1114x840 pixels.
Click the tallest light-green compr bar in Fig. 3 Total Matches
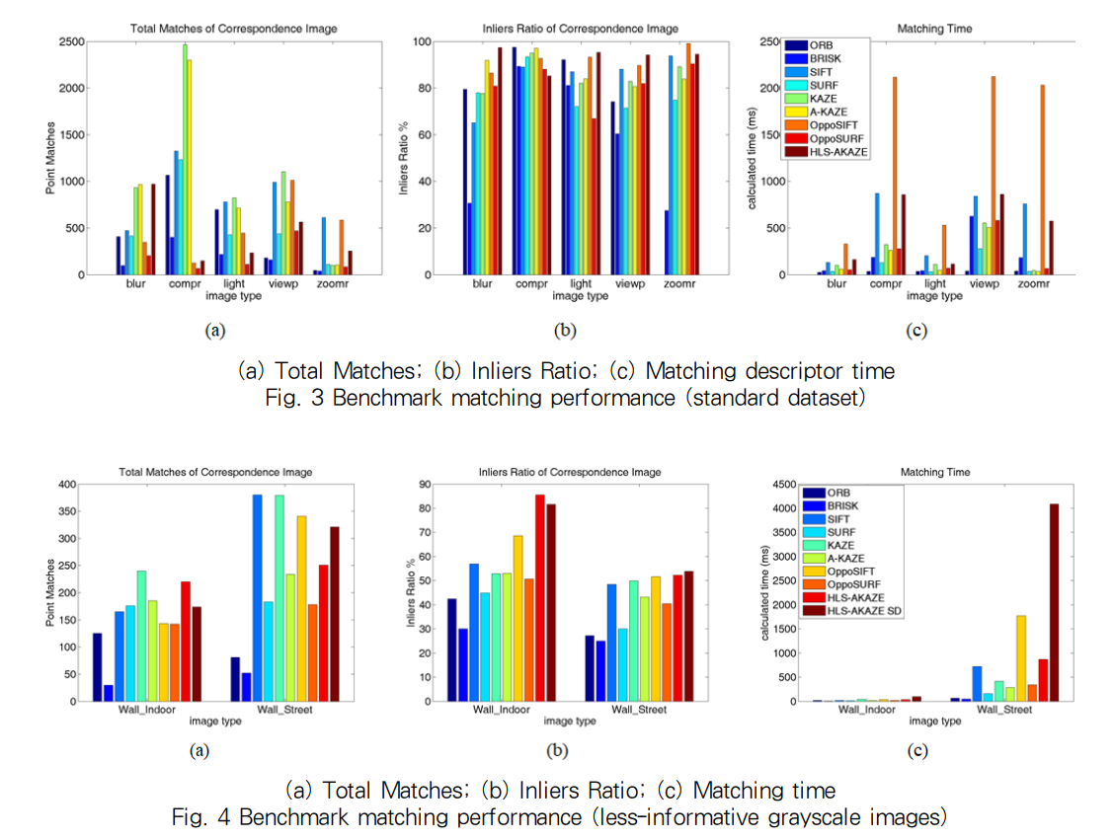pyautogui.click(x=184, y=158)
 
